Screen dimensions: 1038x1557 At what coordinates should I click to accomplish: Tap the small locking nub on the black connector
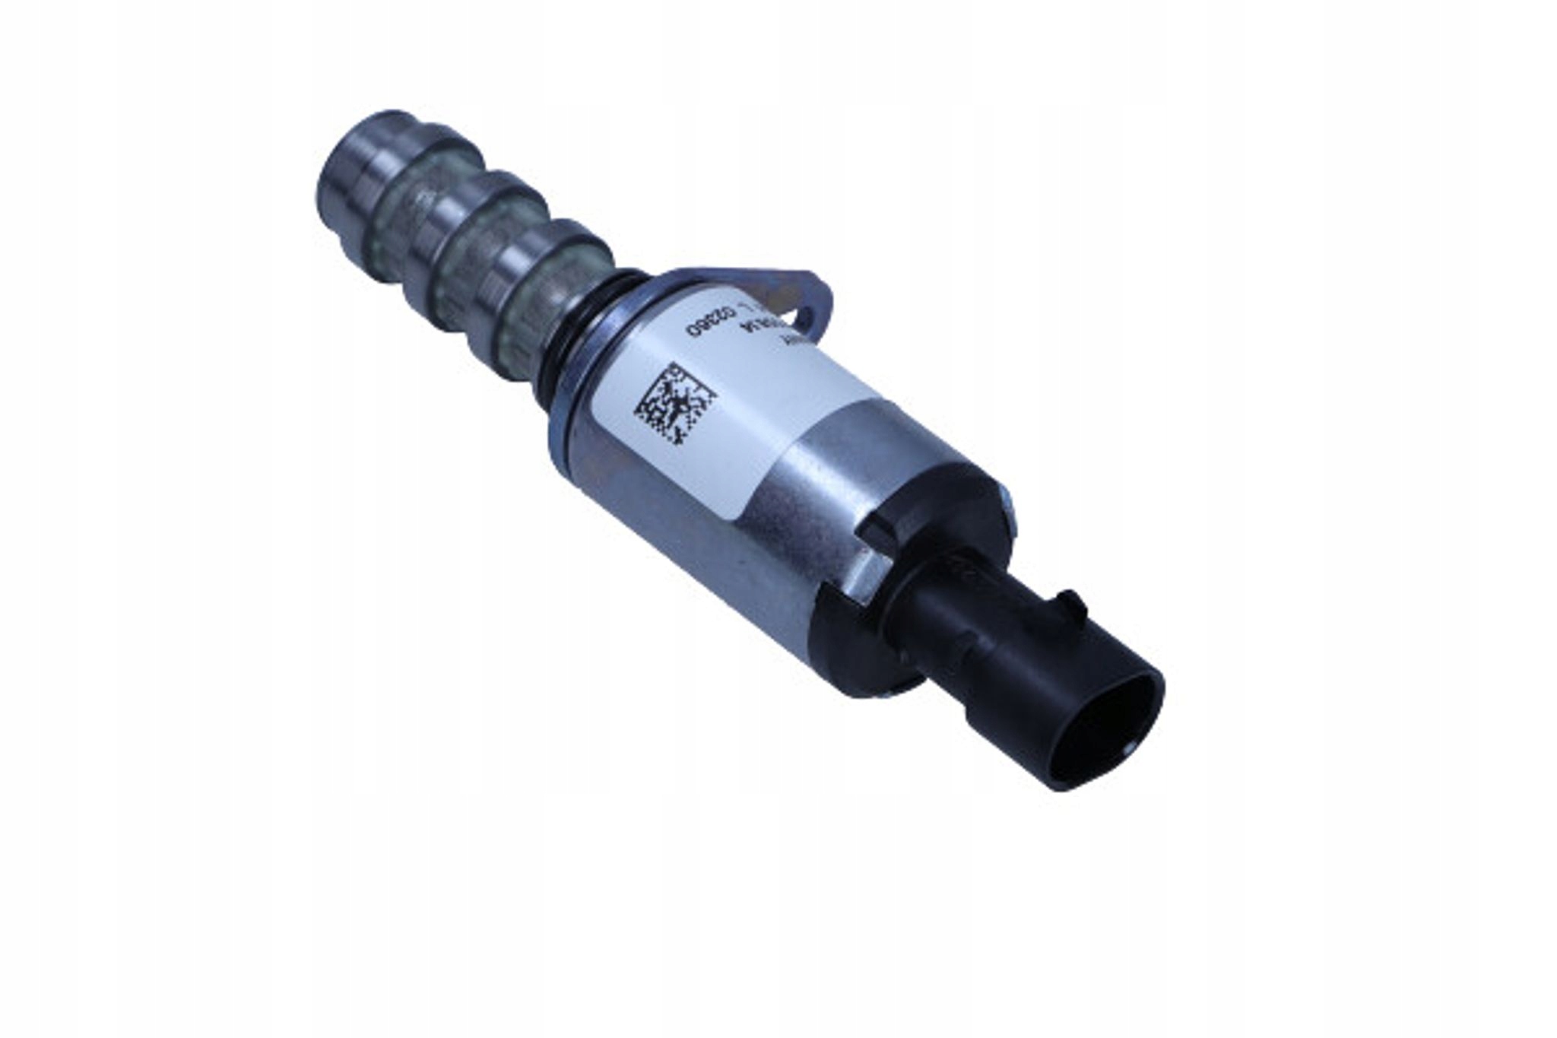(x=1068, y=605)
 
